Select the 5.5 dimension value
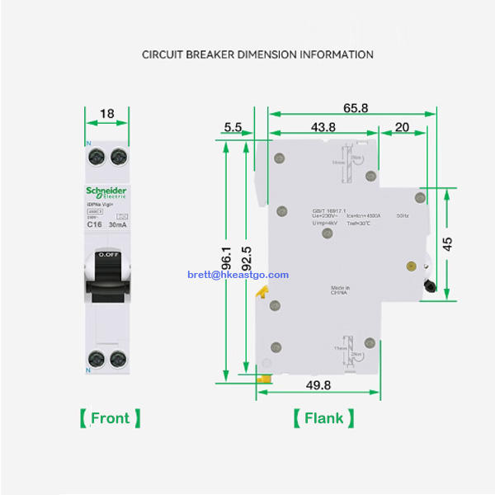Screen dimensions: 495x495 tap(233, 127)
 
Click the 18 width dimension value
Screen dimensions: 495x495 tap(107, 113)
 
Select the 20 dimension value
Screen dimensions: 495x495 tap(403, 127)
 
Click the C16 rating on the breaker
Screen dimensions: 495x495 tap(94, 224)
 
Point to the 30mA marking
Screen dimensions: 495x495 tap(117, 224)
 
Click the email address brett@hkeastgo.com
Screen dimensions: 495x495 tap(238, 275)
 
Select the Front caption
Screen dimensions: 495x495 tap(110, 418)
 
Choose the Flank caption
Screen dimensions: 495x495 tap(323, 418)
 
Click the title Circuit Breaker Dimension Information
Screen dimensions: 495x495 tap(257, 54)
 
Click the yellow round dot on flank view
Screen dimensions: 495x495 tap(411, 266)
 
